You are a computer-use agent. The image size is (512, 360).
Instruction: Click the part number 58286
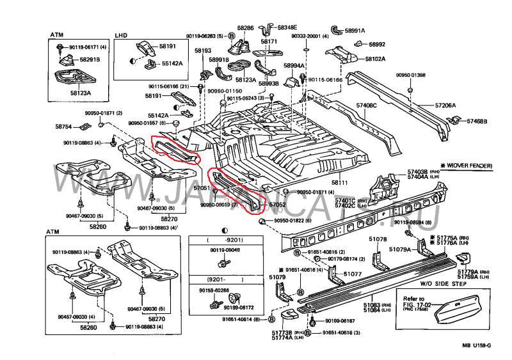[245, 28]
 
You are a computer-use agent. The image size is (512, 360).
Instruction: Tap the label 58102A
[375, 59]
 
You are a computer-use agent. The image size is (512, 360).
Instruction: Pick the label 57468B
[477, 121]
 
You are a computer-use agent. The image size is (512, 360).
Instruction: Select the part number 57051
[202, 189]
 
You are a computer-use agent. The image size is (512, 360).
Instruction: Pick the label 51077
[353, 274]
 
